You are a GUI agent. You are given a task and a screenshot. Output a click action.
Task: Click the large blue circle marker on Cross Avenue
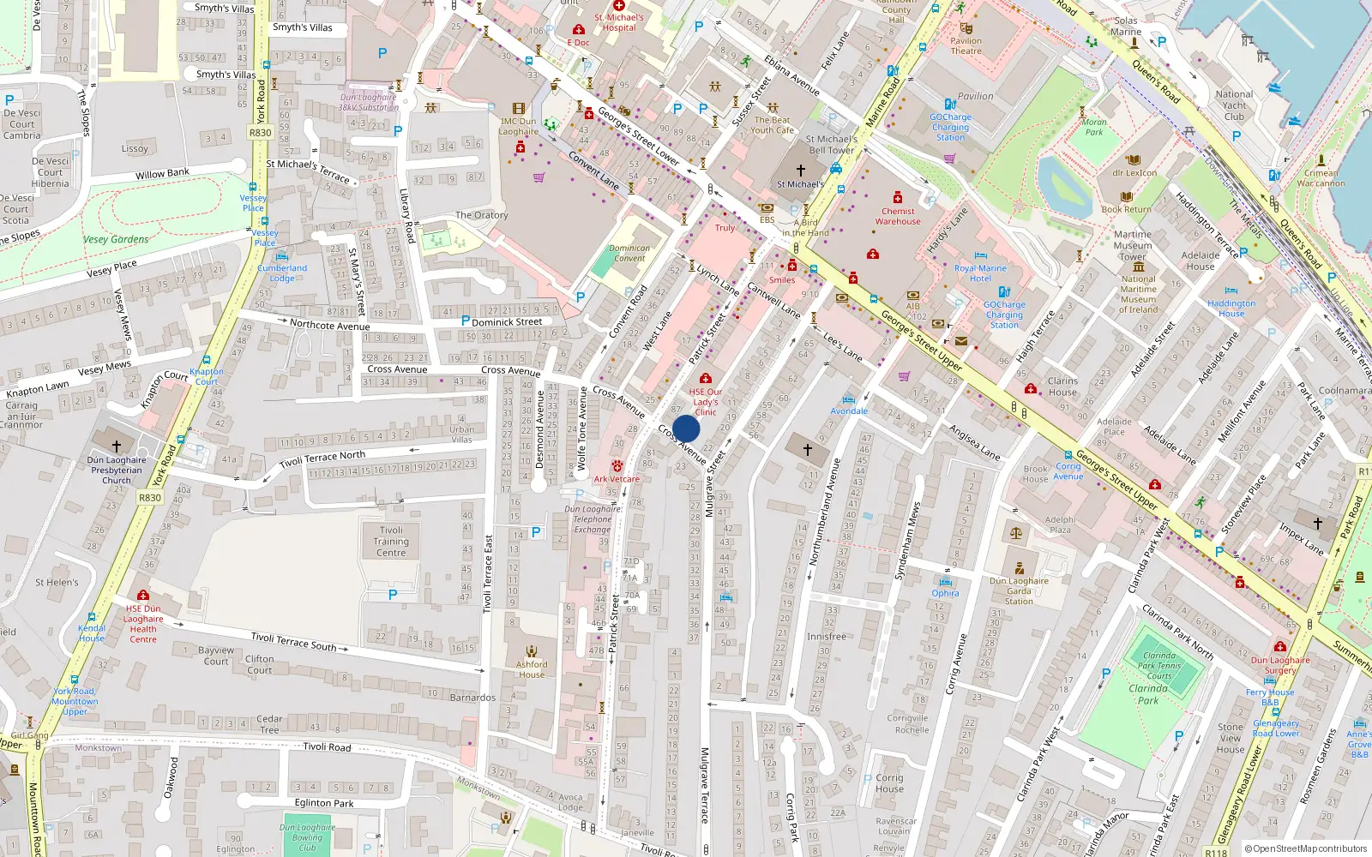point(686,429)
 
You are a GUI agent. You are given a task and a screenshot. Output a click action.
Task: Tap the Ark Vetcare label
point(617,479)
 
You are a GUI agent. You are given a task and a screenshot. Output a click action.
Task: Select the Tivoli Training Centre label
point(391,542)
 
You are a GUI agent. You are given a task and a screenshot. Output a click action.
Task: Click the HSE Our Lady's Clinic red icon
point(705,378)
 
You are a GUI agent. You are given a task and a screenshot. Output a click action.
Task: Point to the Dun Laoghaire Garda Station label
point(1019,590)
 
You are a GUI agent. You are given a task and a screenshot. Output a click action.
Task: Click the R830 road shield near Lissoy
point(260,133)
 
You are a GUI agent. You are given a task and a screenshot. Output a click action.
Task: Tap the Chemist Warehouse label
point(898,216)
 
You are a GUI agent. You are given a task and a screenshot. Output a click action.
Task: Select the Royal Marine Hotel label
point(980,273)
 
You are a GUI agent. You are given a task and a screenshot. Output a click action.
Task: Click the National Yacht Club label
point(1234,105)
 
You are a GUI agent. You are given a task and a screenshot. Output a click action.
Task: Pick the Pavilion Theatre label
point(966,45)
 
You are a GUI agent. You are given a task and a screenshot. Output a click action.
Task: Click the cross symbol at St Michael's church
point(801,171)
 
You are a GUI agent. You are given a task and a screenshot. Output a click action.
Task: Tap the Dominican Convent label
point(629,253)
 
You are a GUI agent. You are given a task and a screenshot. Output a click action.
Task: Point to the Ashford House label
point(532,669)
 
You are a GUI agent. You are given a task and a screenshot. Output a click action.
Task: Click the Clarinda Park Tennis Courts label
point(1159,665)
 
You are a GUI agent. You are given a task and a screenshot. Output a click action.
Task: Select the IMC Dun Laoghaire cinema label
point(519,127)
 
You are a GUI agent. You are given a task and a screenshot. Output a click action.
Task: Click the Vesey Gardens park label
point(116,239)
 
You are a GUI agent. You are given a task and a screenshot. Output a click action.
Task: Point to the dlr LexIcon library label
point(1134,173)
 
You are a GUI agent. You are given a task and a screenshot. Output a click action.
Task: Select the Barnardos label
point(472,698)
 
